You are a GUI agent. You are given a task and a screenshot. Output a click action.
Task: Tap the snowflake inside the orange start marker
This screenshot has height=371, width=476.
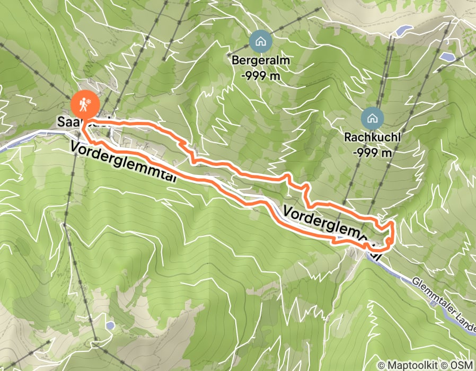[89, 101]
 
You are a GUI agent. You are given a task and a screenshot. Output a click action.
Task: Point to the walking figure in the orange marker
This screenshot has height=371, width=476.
[83, 105]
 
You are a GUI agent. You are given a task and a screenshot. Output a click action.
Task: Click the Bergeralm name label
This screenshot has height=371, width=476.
[261, 60]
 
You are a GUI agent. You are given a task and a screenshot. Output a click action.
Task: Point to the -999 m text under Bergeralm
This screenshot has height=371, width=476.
[260, 75]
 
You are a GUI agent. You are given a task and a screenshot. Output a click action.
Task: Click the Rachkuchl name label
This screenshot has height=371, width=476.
[372, 137]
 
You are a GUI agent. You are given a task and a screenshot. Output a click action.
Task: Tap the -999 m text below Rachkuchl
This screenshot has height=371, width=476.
[372, 153]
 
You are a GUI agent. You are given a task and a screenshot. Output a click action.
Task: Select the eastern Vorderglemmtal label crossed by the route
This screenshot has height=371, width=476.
[333, 231]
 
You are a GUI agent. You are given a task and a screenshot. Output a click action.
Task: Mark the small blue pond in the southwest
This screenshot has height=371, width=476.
[109, 324]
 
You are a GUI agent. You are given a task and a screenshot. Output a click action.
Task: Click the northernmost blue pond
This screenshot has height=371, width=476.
[404, 30]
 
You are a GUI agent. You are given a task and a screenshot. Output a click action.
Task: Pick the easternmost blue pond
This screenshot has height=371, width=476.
[448, 56]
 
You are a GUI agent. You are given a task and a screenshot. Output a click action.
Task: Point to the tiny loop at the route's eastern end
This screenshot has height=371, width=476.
[390, 242]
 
